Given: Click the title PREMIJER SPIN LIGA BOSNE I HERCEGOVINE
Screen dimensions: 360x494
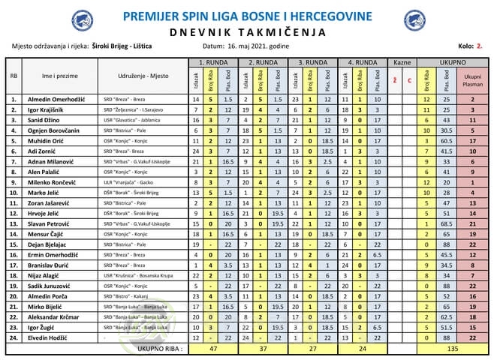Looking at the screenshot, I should [246, 16].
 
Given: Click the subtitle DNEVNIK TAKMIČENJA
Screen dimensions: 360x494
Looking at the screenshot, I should [246, 32].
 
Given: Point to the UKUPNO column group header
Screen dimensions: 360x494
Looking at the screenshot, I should [453, 62].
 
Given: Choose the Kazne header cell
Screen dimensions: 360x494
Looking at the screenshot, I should [402, 62].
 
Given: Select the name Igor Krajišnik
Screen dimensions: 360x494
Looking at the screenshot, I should [51, 109].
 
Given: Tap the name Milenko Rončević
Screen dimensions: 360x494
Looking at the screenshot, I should [54, 181].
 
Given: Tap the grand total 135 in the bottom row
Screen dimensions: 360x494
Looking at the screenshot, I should [453, 348].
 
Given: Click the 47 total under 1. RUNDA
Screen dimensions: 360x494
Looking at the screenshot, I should [212, 348].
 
